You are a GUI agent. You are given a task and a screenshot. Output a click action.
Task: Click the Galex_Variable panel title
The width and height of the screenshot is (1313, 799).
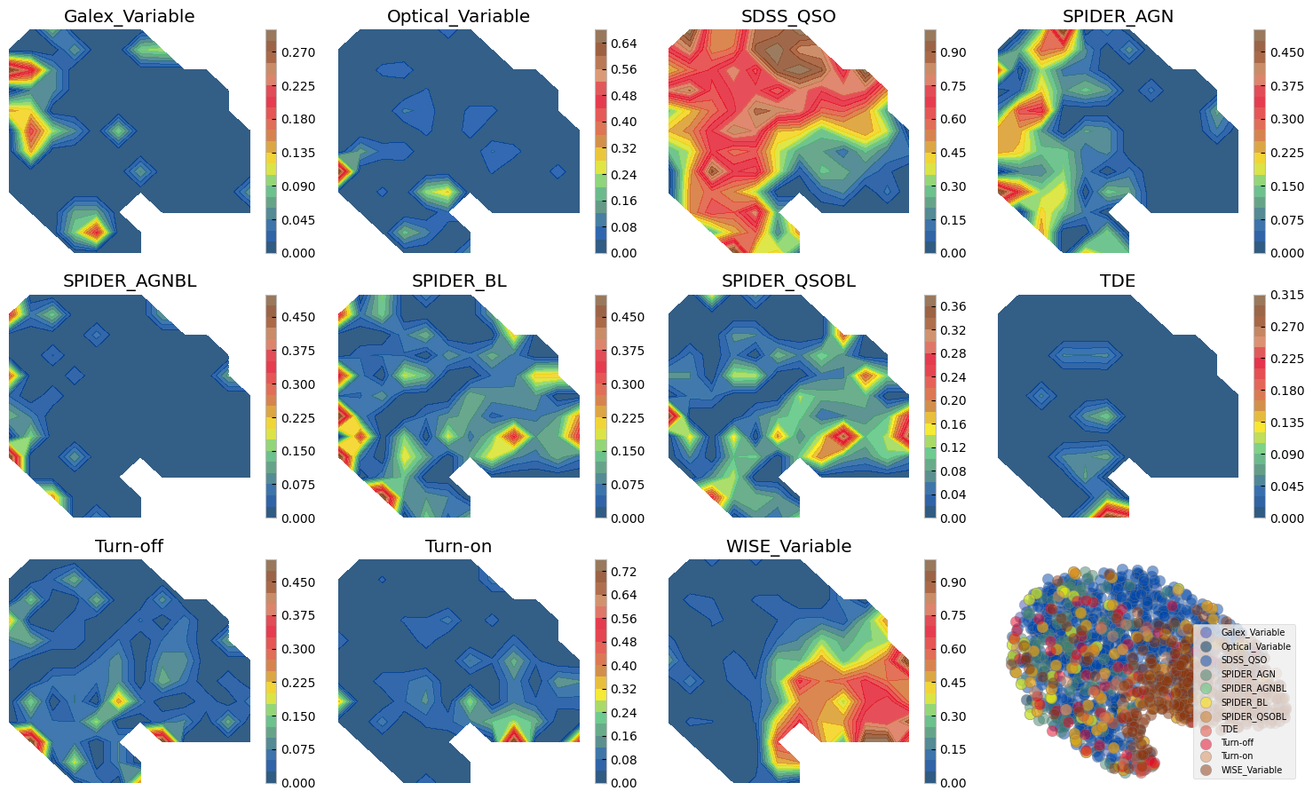130,17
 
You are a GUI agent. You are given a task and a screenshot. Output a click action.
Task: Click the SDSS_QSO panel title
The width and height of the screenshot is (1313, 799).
788,17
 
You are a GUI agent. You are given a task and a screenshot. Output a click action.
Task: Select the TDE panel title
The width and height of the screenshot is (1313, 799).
1118,281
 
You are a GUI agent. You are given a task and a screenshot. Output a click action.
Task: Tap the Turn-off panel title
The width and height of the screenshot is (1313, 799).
130,546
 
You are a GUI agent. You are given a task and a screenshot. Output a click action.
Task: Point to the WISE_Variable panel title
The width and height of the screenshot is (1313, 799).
788,546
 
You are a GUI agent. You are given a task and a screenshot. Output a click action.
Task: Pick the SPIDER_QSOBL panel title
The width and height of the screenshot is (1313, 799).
788,281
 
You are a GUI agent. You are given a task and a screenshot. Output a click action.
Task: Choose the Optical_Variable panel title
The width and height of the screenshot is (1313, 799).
458,17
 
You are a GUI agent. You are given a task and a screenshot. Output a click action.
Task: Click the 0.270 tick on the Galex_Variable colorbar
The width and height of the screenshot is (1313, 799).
297,52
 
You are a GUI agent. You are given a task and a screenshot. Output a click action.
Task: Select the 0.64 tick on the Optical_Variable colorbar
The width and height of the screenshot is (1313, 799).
623,44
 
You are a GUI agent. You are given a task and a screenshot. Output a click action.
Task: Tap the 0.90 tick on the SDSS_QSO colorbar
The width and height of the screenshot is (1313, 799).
953,52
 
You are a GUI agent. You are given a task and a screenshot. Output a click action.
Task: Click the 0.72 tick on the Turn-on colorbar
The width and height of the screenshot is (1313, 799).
623,572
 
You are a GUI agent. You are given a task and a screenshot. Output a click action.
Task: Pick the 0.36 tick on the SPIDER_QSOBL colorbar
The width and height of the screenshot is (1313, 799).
953,306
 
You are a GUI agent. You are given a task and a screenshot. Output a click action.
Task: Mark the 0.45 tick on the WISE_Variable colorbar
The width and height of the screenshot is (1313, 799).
953,683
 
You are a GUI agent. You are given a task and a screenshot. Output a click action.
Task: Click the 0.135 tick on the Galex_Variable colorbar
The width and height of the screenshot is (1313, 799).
297,153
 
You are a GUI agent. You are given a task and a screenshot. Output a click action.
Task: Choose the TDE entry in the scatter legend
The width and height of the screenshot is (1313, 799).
1230,729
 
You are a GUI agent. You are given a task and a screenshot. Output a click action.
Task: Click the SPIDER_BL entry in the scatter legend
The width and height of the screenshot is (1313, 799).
1241,701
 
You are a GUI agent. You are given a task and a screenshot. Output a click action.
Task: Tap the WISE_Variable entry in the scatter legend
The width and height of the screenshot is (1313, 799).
1251,770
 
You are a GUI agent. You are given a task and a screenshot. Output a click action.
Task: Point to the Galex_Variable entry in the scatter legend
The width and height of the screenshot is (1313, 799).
1252,632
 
